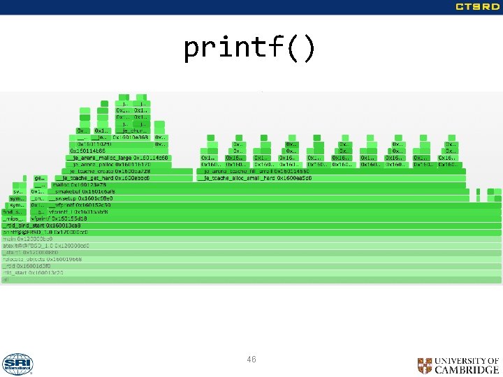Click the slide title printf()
250,49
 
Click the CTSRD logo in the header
477,7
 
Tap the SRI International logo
17,364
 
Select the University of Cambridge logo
458,365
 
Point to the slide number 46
251,360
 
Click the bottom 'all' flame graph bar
251,279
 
